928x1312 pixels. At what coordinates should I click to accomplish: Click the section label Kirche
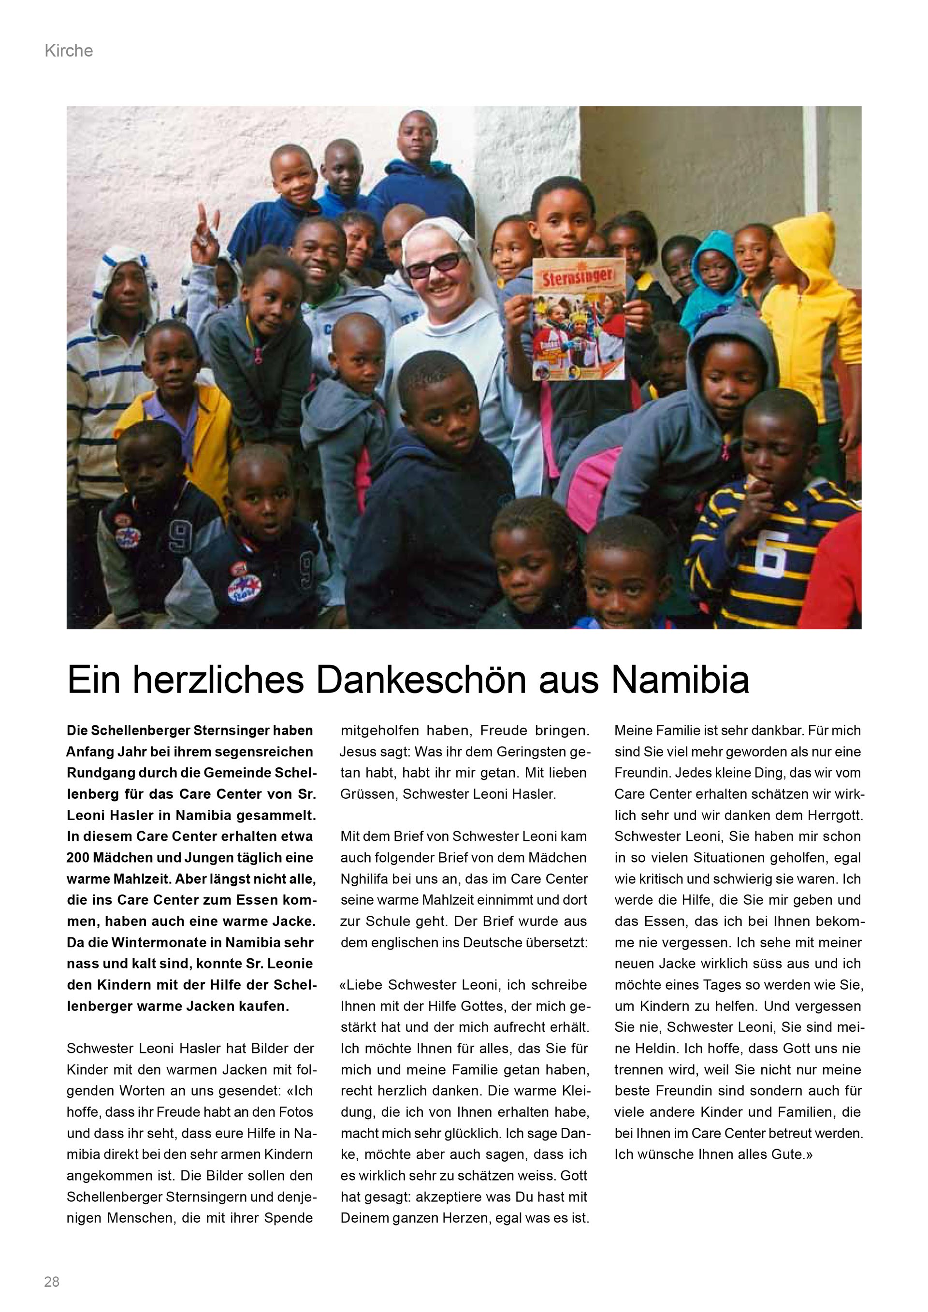click(x=69, y=51)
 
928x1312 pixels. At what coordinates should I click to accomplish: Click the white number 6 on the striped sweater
click(x=771, y=552)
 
